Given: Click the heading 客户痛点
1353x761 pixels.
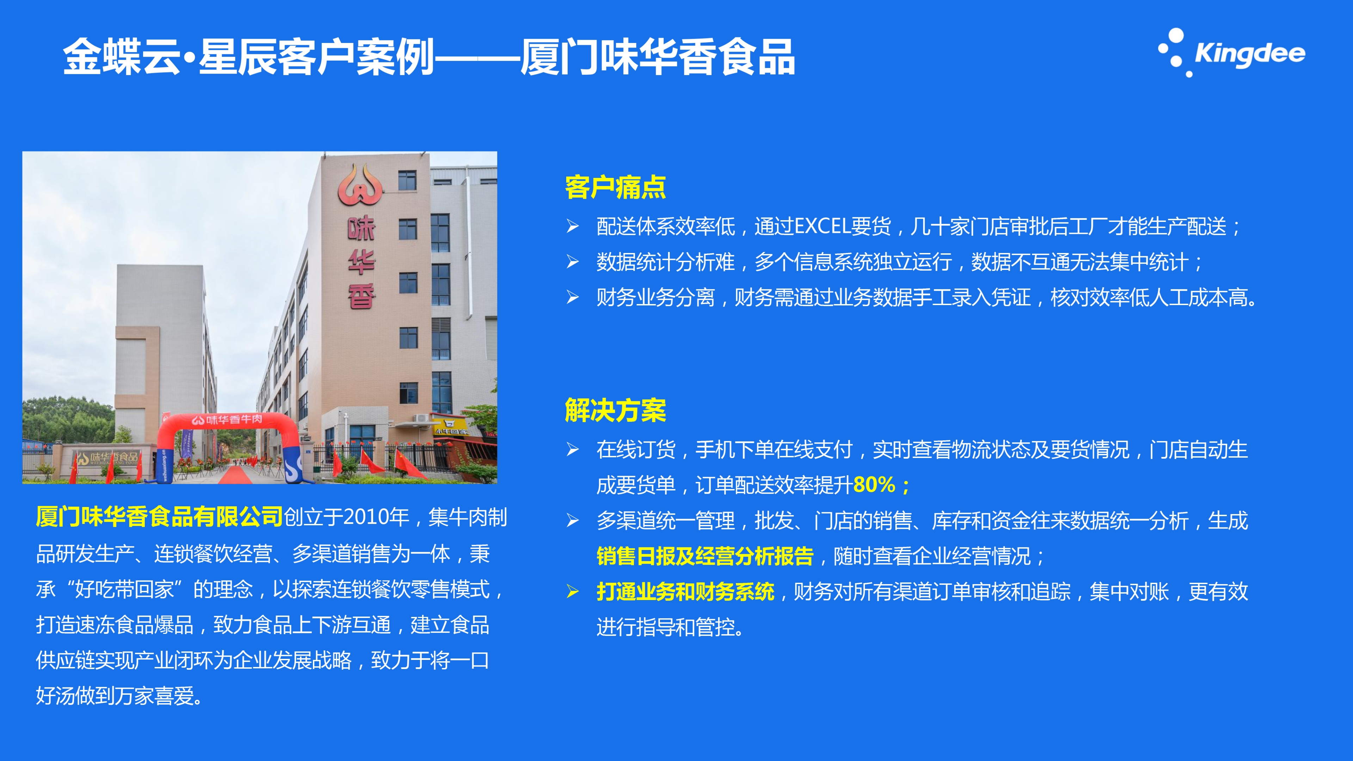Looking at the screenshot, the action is point(616,187).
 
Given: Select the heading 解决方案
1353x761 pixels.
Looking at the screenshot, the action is point(616,410).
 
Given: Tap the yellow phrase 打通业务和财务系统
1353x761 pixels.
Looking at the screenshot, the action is point(685,592).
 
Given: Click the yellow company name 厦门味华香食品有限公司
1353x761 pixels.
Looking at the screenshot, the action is point(160,517).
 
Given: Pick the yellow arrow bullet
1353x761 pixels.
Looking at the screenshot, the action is point(573,592).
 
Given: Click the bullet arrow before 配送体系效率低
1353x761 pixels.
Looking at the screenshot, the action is point(573,226).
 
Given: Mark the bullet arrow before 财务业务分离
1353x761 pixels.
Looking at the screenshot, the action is point(573,297).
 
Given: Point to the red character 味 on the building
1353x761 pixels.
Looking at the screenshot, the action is point(362,228).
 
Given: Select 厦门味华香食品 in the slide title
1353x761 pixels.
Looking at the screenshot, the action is point(657,57).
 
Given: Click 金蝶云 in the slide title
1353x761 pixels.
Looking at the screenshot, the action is point(122,57).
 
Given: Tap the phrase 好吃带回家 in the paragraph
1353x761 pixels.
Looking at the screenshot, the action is point(124,589).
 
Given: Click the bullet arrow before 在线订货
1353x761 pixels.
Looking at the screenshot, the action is point(573,450).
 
